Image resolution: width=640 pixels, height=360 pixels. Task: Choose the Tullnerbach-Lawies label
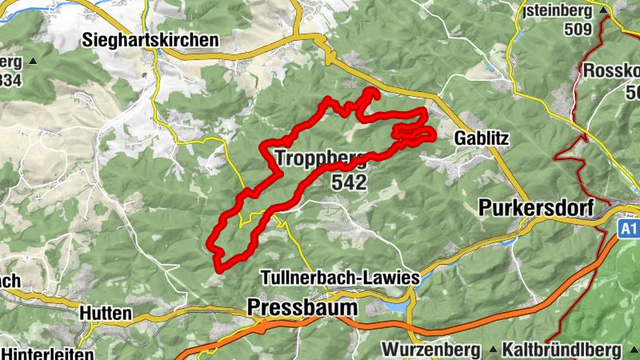pyautogui.click(x=340, y=278)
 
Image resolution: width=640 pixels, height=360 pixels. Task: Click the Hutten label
pyautogui.click(x=106, y=314)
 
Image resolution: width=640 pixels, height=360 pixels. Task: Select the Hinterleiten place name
pyautogui.click(x=48, y=353)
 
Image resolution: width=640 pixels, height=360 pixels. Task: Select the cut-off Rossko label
pyautogui.click(x=611, y=70)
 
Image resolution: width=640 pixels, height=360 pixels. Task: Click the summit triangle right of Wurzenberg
pyautogui.click(x=486, y=350)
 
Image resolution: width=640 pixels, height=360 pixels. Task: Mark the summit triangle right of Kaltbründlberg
pyautogui.click(x=630, y=350)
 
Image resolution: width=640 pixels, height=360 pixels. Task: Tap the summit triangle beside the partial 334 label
pyautogui.click(x=33, y=61)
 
